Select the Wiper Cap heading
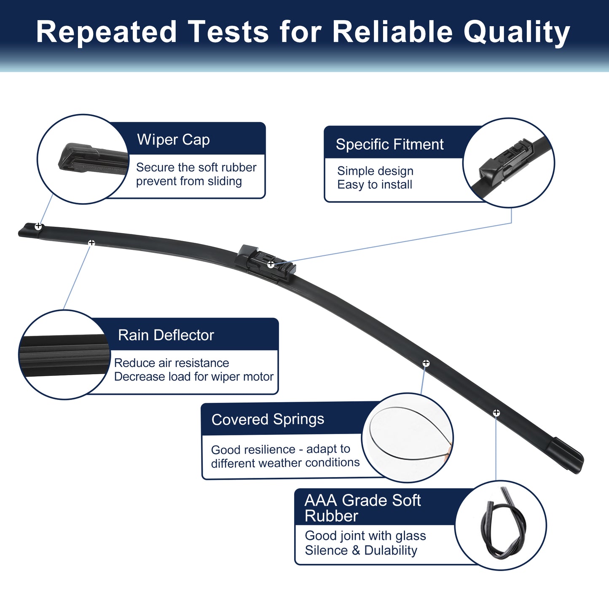coord(173,140)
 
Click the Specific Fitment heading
coord(389,145)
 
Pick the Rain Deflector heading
coord(166,335)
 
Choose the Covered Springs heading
coord(268,419)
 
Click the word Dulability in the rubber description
coord(391,550)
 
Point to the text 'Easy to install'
coord(375,185)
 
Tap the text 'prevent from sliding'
coord(189,181)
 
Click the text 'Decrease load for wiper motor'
coord(194,377)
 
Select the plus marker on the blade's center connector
coord(271,264)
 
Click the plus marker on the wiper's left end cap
coord(38,226)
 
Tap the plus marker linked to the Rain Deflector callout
coord(91,243)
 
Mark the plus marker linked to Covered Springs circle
coord(426,363)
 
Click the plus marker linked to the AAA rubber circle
coord(496,413)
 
